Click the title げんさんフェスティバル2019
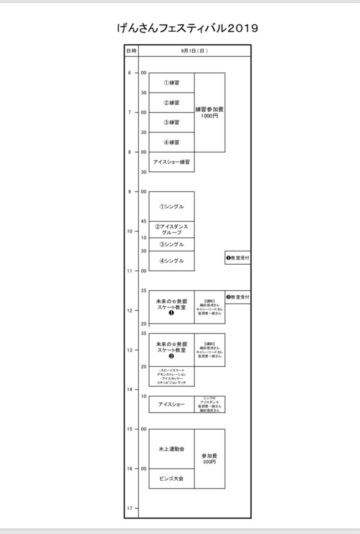(187, 28)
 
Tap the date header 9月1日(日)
(194, 51)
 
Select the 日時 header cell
(131, 51)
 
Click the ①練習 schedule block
(171, 83)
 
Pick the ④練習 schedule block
(171, 142)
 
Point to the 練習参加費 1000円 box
(209, 113)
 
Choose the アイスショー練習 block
(171, 162)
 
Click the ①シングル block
(171, 206)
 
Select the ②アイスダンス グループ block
(171, 229)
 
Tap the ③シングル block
(171, 244)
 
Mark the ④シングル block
(171, 261)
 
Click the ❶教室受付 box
(237, 258)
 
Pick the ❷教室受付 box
(237, 297)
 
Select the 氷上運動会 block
(171, 449)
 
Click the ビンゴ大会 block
(171, 478)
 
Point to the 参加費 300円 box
(209, 459)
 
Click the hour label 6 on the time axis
(129, 73)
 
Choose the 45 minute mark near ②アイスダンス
(144, 221)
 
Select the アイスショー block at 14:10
(171, 404)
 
